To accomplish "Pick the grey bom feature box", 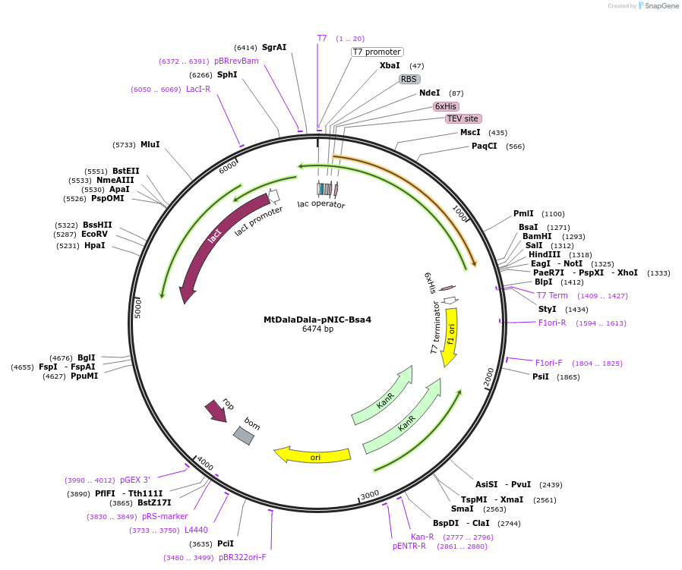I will coord(244,435).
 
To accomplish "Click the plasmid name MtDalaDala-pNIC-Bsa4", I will coord(317,320).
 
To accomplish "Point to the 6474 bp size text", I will coord(317,329).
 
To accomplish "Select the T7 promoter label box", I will coord(377,52).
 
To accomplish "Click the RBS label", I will coord(409,79).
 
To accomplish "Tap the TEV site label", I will coord(463,118).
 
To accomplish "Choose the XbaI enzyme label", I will coord(390,66).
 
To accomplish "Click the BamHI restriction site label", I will coord(537,236).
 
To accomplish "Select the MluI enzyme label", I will coord(150,144).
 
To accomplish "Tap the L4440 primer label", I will coord(196,530).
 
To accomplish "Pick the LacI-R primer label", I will coord(198,89).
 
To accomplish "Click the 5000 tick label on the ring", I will coord(138,308).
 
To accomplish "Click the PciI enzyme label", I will coord(226,543).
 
